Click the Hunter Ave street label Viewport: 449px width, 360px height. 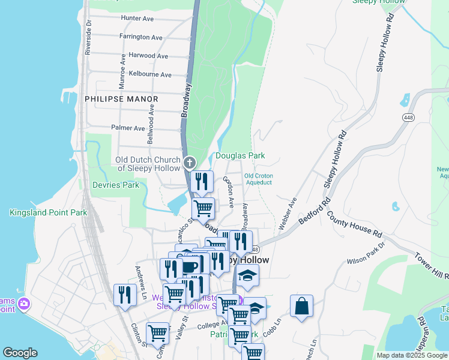pyautogui.click(x=137, y=19)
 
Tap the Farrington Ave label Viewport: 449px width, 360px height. pyautogui.click(x=140, y=37)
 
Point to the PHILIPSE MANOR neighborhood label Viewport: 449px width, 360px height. pyautogui.click(x=121, y=99)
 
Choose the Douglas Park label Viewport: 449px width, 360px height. pyautogui.click(x=240, y=155)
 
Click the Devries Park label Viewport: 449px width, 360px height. pyautogui.click(x=115, y=185)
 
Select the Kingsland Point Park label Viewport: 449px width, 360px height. pyautogui.click(x=48, y=212)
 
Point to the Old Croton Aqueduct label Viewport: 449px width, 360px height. pyautogui.click(x=258, y=179)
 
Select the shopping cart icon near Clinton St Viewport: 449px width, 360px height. pyautogui.click(x=157, y=332)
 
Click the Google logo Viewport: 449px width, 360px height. pyautogui.click(x=20, y=353)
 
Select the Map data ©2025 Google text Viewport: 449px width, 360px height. pyautogui.click(x=412, y=355)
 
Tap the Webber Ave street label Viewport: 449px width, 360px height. pyautogui.click(x=288, y=214)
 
